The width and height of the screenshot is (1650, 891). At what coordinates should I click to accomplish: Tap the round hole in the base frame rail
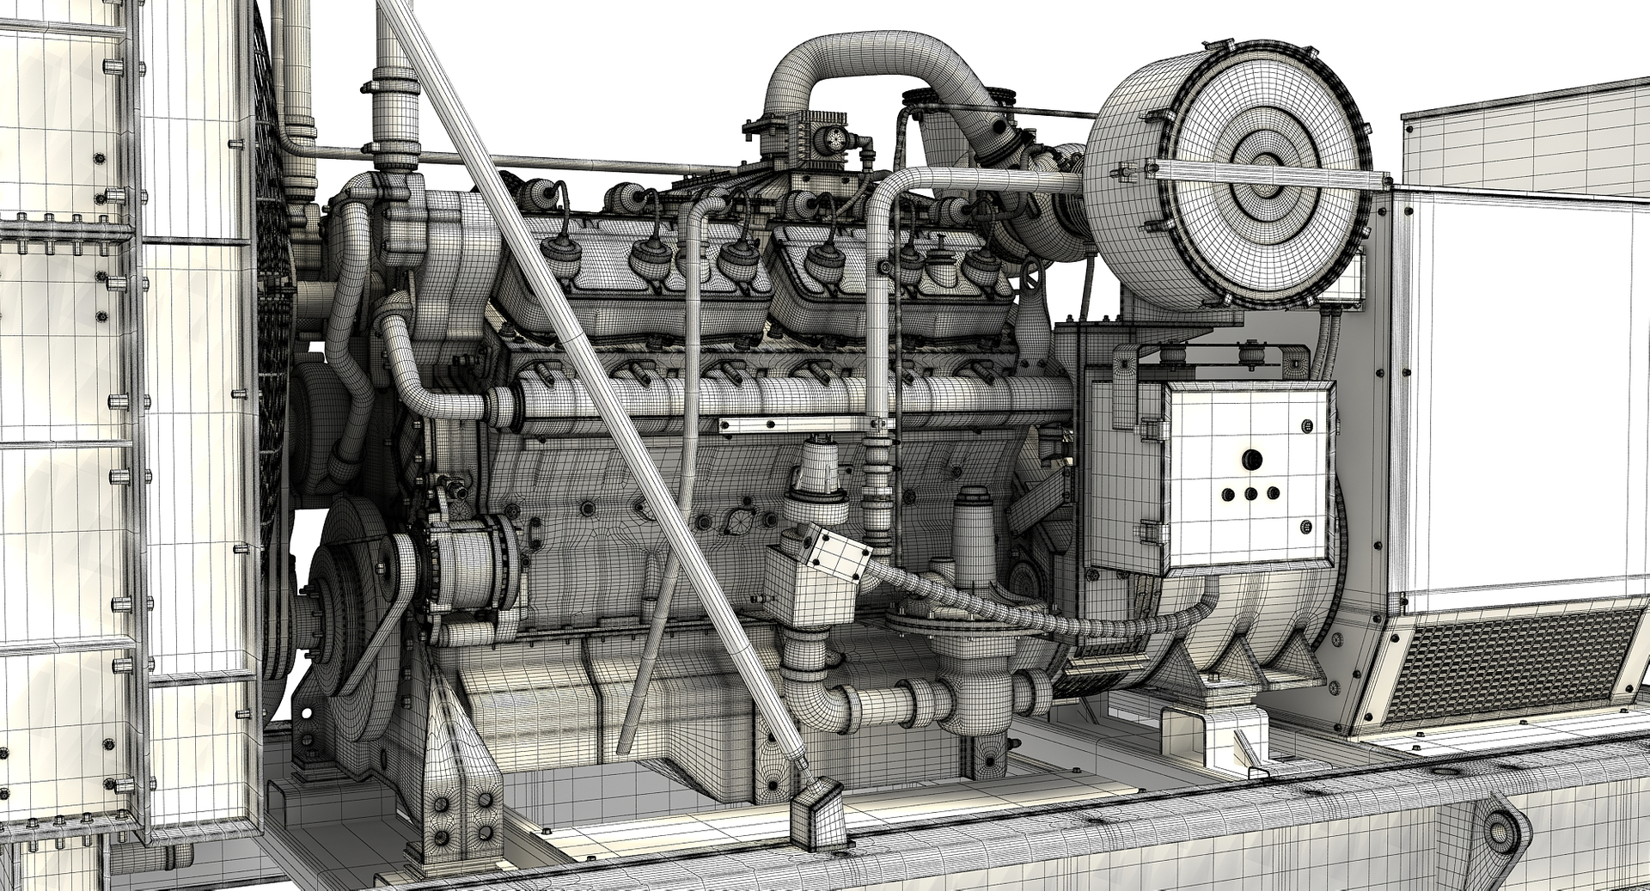point(1500,834)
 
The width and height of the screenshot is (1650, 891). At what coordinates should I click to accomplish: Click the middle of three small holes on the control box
point(1251,494)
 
